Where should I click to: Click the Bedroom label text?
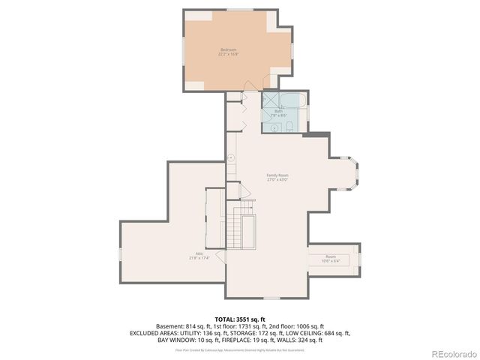228,49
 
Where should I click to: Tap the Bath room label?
277,111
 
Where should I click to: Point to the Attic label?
200,253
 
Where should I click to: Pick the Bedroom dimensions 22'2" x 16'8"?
228,54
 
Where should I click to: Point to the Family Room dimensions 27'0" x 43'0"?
277,180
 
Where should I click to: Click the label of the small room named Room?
331,256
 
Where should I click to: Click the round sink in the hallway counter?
232,158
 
